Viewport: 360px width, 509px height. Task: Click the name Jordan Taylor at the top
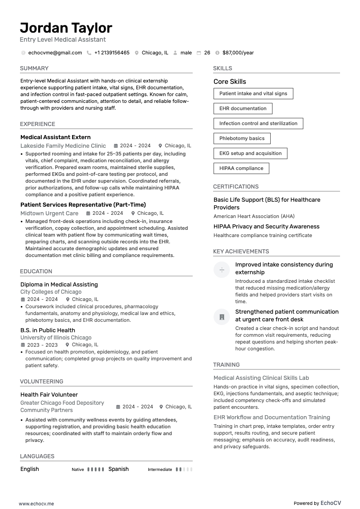(x=66, y=28)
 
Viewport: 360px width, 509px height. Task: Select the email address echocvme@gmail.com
(x=55, y=53)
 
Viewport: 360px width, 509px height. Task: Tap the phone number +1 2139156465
(x=112, y=53)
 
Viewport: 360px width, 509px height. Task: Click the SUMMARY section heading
(x=34, y=68)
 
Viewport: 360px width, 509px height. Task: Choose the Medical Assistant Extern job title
(x=55, y=137)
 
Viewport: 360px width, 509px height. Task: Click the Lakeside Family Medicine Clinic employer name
(x=63, y=146)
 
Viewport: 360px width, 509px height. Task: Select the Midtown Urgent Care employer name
(x=49, y=213)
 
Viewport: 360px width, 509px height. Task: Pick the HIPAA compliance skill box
(x=241, y=168)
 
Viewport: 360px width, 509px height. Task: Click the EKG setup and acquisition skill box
(x=250, y=153)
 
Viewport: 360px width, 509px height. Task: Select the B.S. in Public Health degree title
(x=48, y=330)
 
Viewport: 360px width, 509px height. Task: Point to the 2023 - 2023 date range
(x=42, y=345)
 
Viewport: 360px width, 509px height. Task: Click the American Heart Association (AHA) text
(x=254, y=217)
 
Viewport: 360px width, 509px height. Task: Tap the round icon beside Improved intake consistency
(x=222, y=270)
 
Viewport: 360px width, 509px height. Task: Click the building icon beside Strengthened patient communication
(x=222, y=317)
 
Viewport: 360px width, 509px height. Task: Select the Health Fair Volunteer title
(x=49, y=395)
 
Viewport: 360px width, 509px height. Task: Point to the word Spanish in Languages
(x=118, y=469)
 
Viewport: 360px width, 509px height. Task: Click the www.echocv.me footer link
(x=36, y=504)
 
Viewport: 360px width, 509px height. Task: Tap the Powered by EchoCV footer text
(x=317, y=503)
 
